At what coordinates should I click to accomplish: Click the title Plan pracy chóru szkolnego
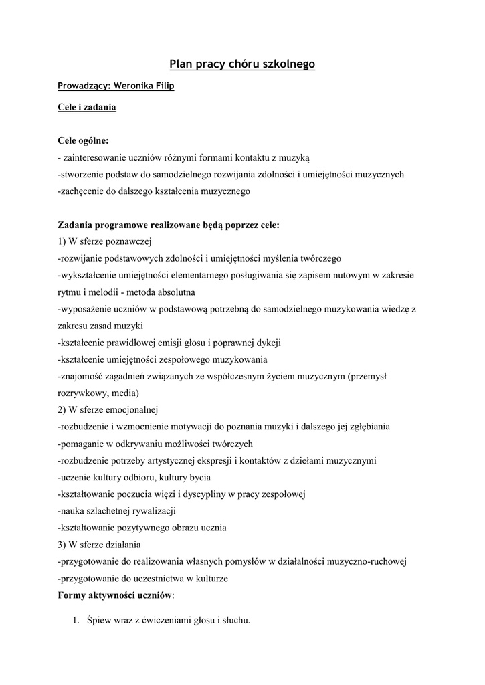pyautogui.click(x=242, y=64)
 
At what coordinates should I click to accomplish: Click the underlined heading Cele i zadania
pyautogui.click(x=87, y=107)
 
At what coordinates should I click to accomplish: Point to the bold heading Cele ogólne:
pyautogui.click(x=83, y=141)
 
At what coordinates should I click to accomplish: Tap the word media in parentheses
pyautogui.click(x=126, y=393)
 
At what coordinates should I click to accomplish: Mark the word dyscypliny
pyautogui.click(x=235, y=494)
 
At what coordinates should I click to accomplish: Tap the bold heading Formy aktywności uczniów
pyautogui.click(x=115, y=594)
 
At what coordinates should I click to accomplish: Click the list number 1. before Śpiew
pyautogui.click(x=76, y=620)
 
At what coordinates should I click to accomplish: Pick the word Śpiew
pyautogui.click(x=99, y=620)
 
